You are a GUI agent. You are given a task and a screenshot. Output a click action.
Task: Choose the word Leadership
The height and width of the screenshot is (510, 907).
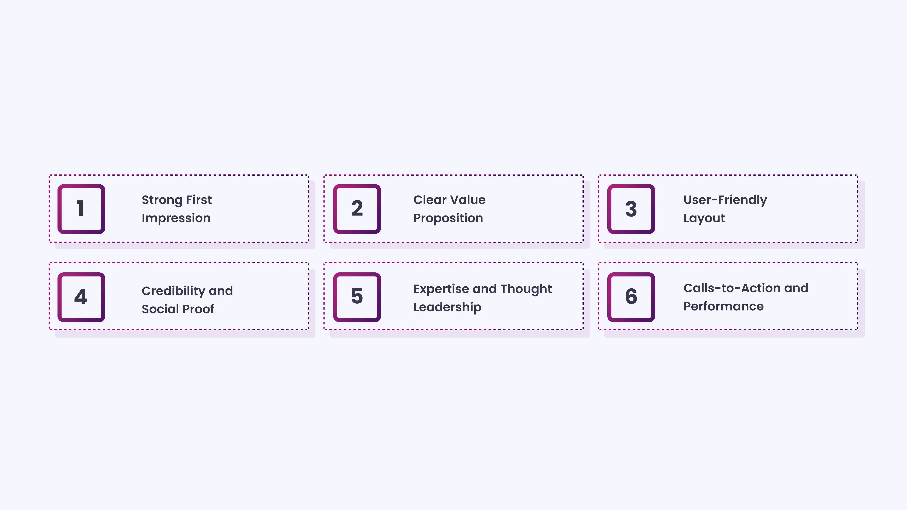[447, 307]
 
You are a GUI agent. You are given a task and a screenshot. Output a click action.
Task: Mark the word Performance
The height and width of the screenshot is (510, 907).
[724, 306]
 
